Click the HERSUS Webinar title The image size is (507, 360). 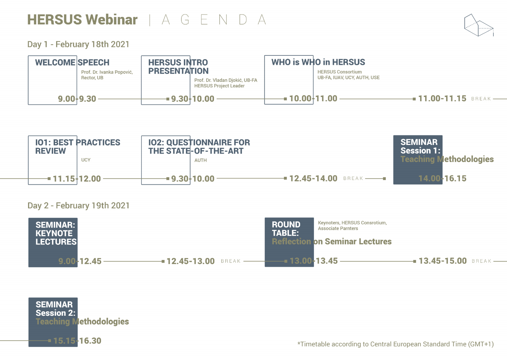(x=82, y=20)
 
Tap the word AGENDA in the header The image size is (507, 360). (x=214, y=20)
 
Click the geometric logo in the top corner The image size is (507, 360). (x=479, y=25)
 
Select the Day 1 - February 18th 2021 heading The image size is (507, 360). (x=78, y=44)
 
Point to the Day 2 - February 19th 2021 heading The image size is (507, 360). (x=78, y=206)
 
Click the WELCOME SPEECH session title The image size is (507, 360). (x=72, y=62)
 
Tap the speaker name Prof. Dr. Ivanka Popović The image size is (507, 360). (x=107, y=72)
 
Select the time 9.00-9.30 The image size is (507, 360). (x=77, y=99)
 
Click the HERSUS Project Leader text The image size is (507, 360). (x=219, y=86)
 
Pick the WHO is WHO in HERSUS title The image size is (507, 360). (x=318, y=62)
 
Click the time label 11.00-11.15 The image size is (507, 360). (x=442, y=99)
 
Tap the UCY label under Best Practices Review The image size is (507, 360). (x=86, y=160)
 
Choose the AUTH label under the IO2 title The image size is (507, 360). (x=200, y=160)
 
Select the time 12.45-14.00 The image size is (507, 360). (x=313, y=178)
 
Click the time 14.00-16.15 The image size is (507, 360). (x=442, y=178)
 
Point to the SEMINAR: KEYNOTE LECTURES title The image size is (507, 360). (x=56, y=233)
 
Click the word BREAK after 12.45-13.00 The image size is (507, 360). (x=231, y=261)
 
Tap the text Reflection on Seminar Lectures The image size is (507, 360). (x=332, y=241)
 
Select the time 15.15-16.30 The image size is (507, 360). (x=77, y=341)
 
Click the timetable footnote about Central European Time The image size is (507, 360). (x=395, y=344)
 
